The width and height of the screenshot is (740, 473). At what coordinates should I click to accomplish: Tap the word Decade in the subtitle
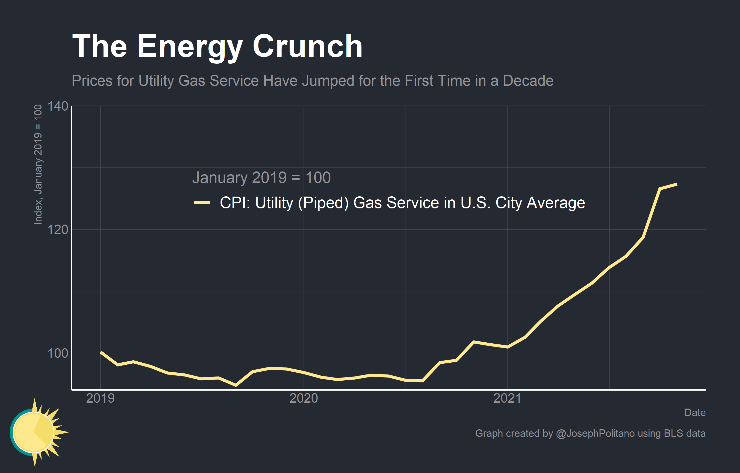click(528, 81)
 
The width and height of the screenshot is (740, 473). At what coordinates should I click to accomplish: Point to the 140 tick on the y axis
click(57, 107)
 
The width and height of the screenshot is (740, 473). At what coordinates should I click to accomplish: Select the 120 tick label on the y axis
click(57, 230)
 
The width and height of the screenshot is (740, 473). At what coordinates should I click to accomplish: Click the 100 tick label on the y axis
click(57, 353)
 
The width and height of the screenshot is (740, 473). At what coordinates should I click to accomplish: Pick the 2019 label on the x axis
click(100, 398)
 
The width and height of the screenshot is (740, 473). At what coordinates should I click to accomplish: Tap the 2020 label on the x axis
click(304, 398)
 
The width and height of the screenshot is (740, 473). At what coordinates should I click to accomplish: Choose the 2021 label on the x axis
click(507, 398)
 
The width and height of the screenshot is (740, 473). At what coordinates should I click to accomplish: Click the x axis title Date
click(695, 412)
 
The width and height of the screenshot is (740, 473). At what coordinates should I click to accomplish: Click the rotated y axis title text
click(38, 165)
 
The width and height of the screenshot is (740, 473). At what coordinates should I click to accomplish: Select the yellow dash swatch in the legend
click(202, 202)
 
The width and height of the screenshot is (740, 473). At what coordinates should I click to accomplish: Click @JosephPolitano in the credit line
click(595, 433)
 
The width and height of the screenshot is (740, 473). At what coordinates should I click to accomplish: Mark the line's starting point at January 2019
click(101, 352)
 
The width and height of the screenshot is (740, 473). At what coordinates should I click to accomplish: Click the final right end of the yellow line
click(677, 184)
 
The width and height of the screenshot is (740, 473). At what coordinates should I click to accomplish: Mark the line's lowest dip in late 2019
click(236, 385)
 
